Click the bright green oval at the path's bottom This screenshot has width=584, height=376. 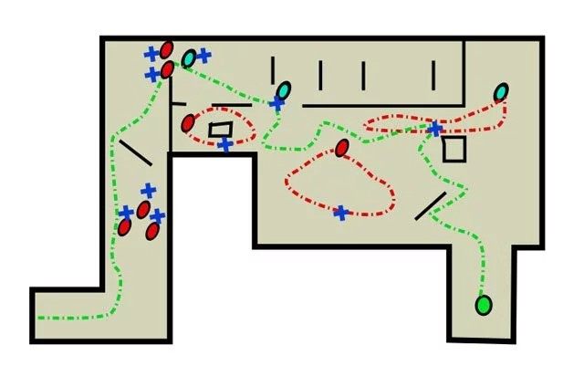[x=484, y=304]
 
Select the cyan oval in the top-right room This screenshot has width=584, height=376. [x=501, y=92]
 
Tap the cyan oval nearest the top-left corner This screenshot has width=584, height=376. [x=189, y=59]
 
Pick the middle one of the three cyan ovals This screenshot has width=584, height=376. [x=285, y=89]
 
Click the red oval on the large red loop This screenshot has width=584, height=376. [x=342, y=148]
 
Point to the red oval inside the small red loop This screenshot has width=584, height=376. [x=188, y=122]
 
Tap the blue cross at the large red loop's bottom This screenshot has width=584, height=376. [x=340, y=213]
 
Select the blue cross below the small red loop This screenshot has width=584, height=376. [x=224, y=144]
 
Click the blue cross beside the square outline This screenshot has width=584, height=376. [x=435, y=129]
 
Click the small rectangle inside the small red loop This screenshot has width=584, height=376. [x=221, y=130]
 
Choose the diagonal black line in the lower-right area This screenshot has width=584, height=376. [x=431, y=206]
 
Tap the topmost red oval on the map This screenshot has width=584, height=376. [x=167, y=49]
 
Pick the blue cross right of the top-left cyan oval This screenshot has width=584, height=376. [x=204, y=56]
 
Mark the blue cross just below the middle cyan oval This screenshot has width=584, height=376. [x=276, y=105]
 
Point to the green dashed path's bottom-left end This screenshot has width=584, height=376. [x=38, y=318]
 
